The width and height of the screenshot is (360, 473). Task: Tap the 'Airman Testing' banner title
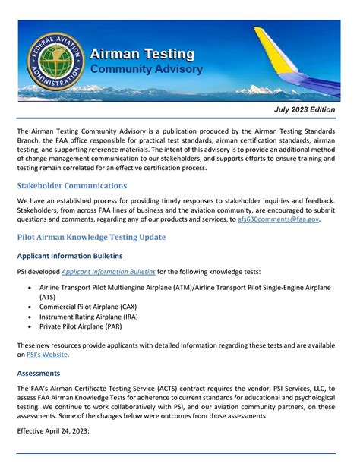(142, 55)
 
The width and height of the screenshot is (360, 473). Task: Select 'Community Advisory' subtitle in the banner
(147, 70)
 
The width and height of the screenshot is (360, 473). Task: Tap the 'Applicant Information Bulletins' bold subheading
(70, 255)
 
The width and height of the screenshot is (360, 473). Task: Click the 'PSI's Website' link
(47, 354)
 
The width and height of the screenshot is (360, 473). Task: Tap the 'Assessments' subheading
(39, 374)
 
